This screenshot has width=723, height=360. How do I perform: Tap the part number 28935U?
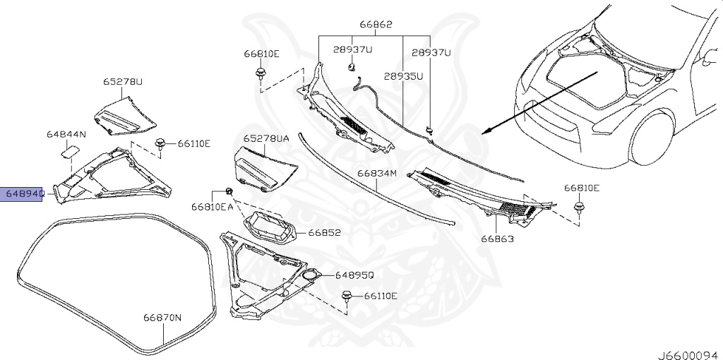[404, 76]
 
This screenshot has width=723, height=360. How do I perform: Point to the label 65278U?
[123, 82]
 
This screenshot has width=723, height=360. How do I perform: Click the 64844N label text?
[66, 134]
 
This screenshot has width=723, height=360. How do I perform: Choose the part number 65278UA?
[266, 139]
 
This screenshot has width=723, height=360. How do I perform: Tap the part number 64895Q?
[354, 275]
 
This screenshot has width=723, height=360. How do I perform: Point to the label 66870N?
[163, 318]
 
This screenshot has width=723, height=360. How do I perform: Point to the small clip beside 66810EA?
[229, 191]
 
